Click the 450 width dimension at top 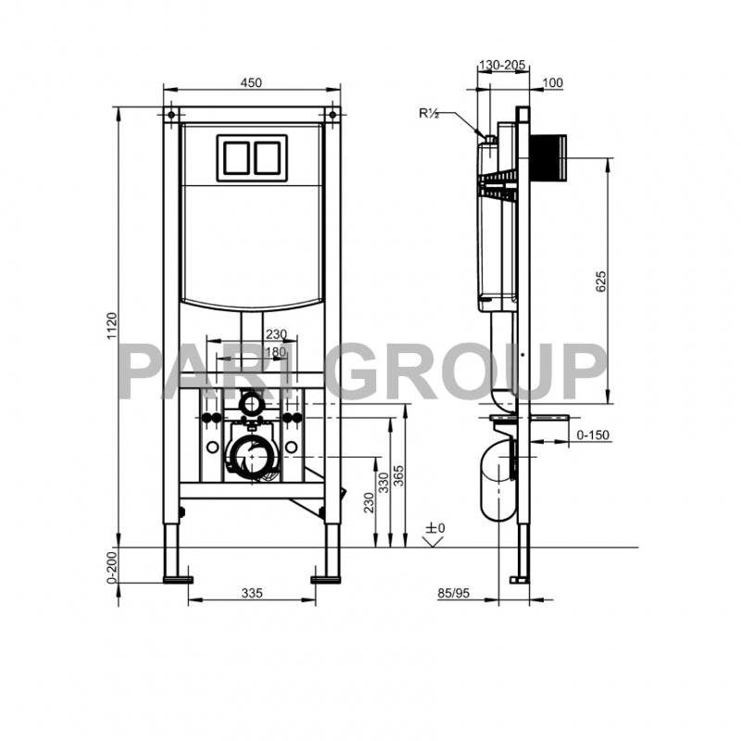tap(250, 82)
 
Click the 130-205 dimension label tap(502, 65)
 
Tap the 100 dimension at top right tap(552, 82)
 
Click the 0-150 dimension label tap(593, 434)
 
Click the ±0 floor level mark tap(435, 529)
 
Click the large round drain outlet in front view tap(250, 457)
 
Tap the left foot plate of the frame tap(177, 580)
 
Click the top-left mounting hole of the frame tap(170, 116)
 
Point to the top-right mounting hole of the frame tap(331, 116)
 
